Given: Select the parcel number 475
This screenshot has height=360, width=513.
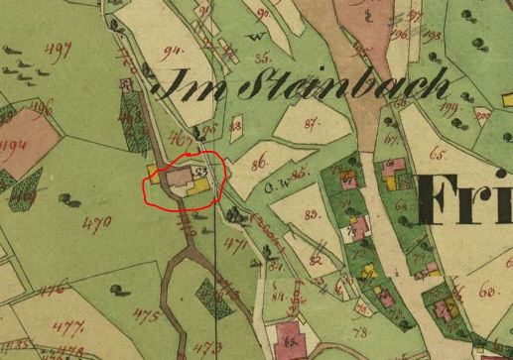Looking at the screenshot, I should (147, 316).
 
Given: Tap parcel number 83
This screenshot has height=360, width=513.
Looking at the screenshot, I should (315, 213).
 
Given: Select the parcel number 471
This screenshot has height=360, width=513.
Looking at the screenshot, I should (234, 242).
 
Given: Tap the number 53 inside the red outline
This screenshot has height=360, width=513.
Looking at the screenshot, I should (201, 173).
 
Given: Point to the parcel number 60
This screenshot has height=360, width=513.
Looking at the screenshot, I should (486, 290).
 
